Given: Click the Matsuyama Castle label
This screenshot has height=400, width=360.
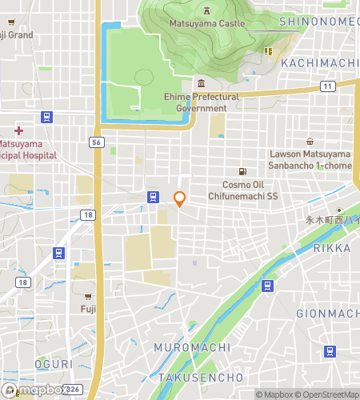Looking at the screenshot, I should coord(206,24).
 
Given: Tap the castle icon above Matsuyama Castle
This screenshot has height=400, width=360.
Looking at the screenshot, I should coord(206,11).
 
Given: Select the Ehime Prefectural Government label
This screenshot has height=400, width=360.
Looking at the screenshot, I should coord(201,102).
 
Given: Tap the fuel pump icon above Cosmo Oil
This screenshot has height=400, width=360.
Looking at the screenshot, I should coord(242,171).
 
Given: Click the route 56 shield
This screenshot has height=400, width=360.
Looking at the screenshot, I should coord(97,141).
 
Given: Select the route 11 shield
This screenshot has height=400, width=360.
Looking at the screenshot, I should coord(327,86).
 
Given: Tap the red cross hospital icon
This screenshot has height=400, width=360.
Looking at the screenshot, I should coord(18,130).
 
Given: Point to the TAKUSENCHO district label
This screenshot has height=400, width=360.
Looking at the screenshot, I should coord(200,377).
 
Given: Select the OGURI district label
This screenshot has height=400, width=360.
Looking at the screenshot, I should coord(54,364).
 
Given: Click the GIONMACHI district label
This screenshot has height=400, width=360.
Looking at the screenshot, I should coord(328,313).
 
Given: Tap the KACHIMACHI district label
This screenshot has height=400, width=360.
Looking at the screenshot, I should coord(316,63).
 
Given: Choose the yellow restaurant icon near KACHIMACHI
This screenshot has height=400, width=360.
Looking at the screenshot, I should coord(270,51).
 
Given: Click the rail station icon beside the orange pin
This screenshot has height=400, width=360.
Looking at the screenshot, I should coord(152,196).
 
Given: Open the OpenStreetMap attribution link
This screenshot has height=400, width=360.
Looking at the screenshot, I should coord(328,394).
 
